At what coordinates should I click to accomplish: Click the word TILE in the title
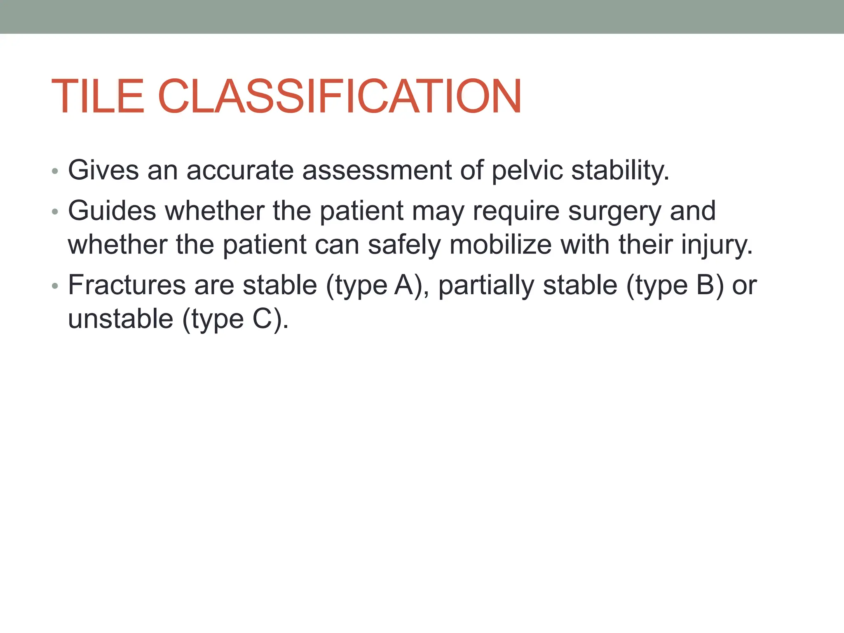pos(98,96)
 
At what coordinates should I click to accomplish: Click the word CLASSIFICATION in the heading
pos(340,96)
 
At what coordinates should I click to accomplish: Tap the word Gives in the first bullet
pos(103,170)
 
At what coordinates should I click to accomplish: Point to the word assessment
pos(377,171)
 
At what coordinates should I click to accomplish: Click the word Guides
pos(112,211)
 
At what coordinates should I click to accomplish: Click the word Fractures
pos(127,285)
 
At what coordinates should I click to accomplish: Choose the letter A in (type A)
pos(403,285)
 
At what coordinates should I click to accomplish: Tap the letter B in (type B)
pos(705,285)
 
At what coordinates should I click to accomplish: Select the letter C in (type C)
pos(263,319)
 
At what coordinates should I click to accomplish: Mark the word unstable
pos(120,319)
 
